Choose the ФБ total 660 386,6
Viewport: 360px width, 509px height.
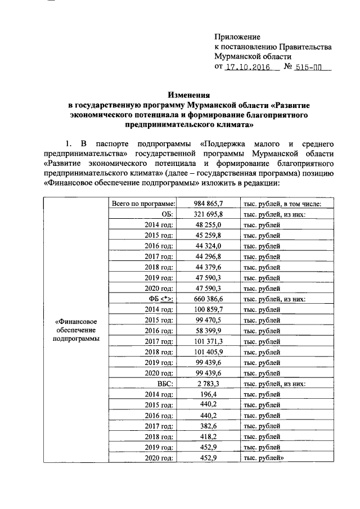point(209,298)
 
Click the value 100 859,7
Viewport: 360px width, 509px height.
point(209,309)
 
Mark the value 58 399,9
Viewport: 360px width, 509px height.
point(209,330)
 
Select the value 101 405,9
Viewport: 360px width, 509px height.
point(209,352)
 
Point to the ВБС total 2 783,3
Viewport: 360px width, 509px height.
point(209,384)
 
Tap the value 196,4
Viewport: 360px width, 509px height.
point(209,394)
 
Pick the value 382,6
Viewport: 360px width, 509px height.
point(209,426)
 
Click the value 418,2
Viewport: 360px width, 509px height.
point(209,437)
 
